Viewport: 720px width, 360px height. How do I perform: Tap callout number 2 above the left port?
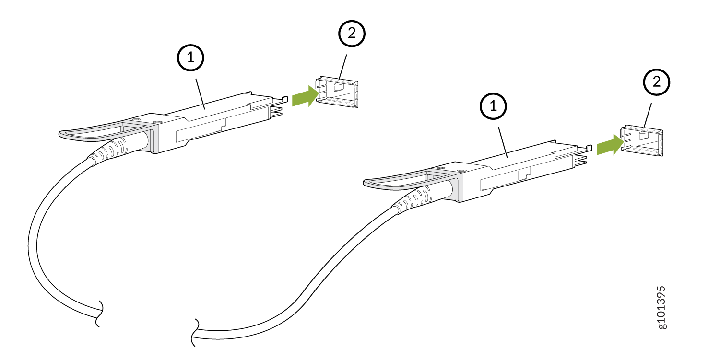coord(352,34)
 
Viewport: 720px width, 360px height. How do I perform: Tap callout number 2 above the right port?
coord(656,82)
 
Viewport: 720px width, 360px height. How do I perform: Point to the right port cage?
coord(642,141)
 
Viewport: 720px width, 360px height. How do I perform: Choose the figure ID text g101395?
coord(661,307)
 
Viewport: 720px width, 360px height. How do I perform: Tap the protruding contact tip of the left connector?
coord(277,112)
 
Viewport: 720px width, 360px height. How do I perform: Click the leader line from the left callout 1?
coord(200,91)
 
